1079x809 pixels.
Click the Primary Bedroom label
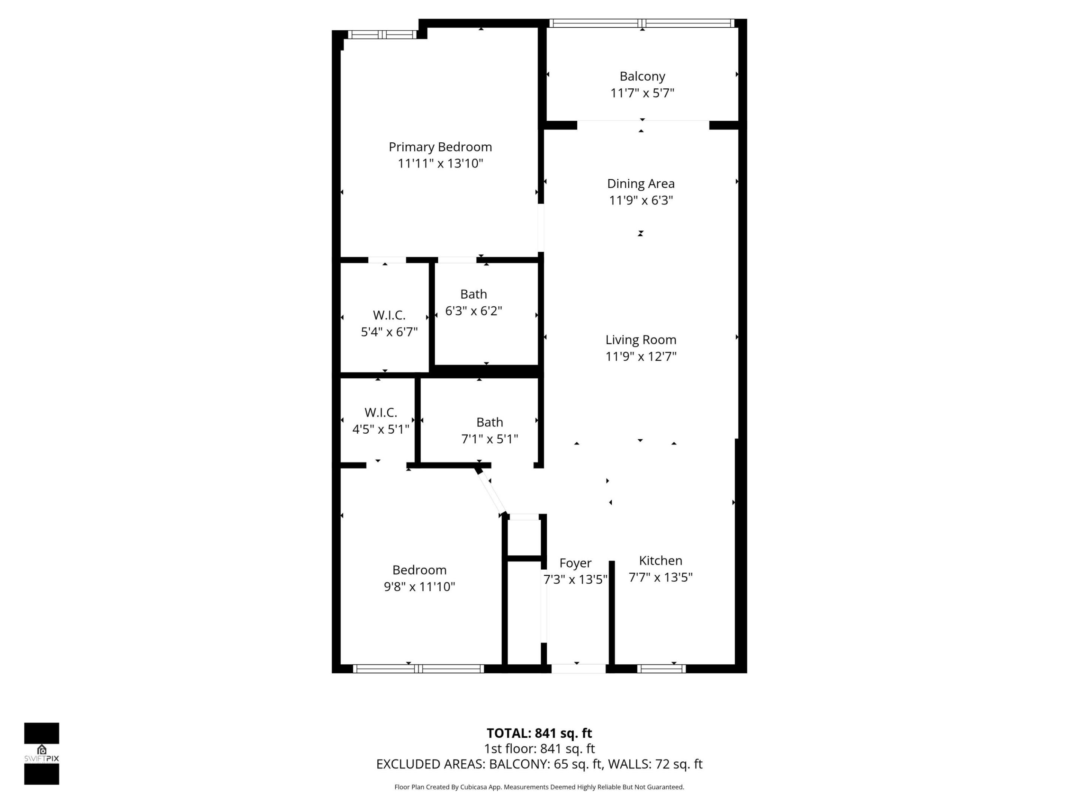click(440, 147)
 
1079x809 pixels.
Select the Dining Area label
click(641, 184)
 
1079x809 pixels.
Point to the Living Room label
click(641, 340)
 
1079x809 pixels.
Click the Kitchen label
click(661, 560)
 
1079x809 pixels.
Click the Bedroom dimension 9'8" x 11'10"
click(419, 586)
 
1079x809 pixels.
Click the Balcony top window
click(641, 23)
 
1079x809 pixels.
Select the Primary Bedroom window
click(382, 34)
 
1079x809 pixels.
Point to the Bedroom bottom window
click(418, 669)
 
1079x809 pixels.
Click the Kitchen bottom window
click(661, 669)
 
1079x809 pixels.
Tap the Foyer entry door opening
click(578, 669)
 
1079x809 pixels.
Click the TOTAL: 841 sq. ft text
click(539, 733)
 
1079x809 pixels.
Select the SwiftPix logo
click(42, 754)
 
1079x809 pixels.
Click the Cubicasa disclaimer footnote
click(539, 787)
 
